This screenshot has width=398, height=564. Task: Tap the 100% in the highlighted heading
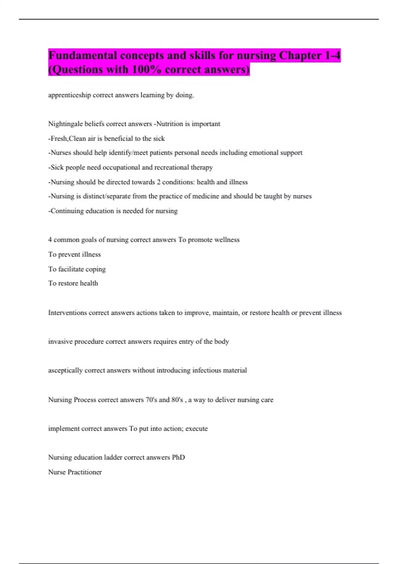coord(144,70)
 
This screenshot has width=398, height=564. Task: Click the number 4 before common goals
coord(50,240)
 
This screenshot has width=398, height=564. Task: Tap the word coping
coord(96,269)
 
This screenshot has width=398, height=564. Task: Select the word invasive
coord(60,342)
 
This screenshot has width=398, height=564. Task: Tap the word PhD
coord(178,458)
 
